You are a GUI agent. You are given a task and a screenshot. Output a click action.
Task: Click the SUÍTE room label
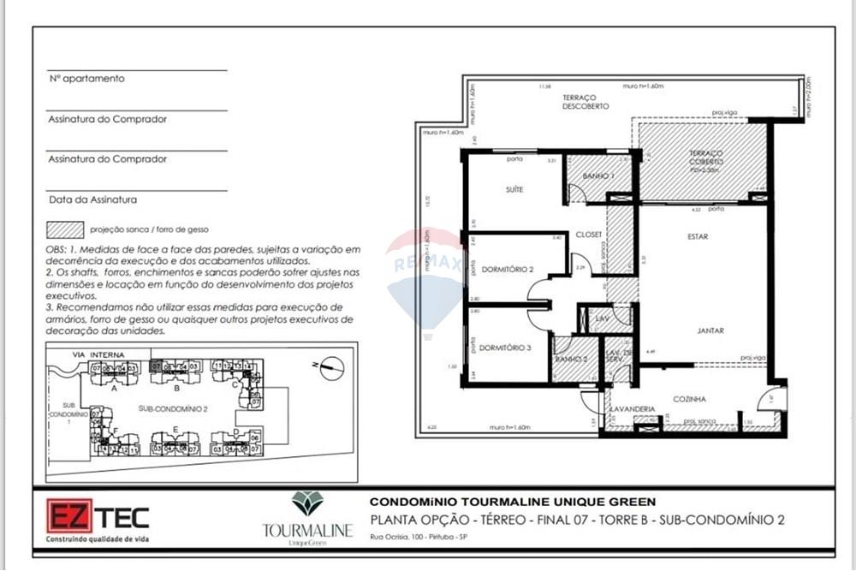pyautogui.click(x=514, y=189)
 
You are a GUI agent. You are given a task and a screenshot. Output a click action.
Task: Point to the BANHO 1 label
pyautogui.click(x=598, y=175)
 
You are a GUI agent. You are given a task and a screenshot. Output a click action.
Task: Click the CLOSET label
pyautogui.click(x=588, y=234)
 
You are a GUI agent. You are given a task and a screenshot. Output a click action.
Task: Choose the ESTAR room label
pyautogui.click(x=697, y=236)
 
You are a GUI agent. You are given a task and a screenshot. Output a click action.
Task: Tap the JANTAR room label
pyautogui.click(x=709, y=329)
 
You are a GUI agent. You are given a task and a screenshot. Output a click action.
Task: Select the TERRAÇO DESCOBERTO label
pyautogui.click(x=586, y=102)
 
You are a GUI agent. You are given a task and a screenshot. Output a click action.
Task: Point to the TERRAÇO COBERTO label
pyautogui.click(x=706, y=157)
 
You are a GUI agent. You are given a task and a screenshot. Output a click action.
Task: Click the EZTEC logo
pyautogui.click(x=97, y=519)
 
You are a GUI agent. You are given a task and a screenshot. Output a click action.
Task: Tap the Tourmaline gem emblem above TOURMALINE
pyautogui.click(x=306, y=503)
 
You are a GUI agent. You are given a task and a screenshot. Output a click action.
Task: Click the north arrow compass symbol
pyautogui.click(x=330, y=368)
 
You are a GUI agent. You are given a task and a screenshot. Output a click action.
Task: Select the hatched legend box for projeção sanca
pyautogui.click(x=66, y=229)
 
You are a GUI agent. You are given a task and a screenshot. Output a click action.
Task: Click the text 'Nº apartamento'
pyautogui.click(x=86, y=79)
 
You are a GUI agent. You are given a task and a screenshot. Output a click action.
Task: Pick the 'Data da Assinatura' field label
pyautogui.click(x=92, y=200)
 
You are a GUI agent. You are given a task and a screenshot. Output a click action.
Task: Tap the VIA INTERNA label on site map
pyautogui.click(x=98, y=354)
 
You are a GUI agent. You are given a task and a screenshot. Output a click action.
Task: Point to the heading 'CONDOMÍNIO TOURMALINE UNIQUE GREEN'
pyautogui.click(x=512, y=502)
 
